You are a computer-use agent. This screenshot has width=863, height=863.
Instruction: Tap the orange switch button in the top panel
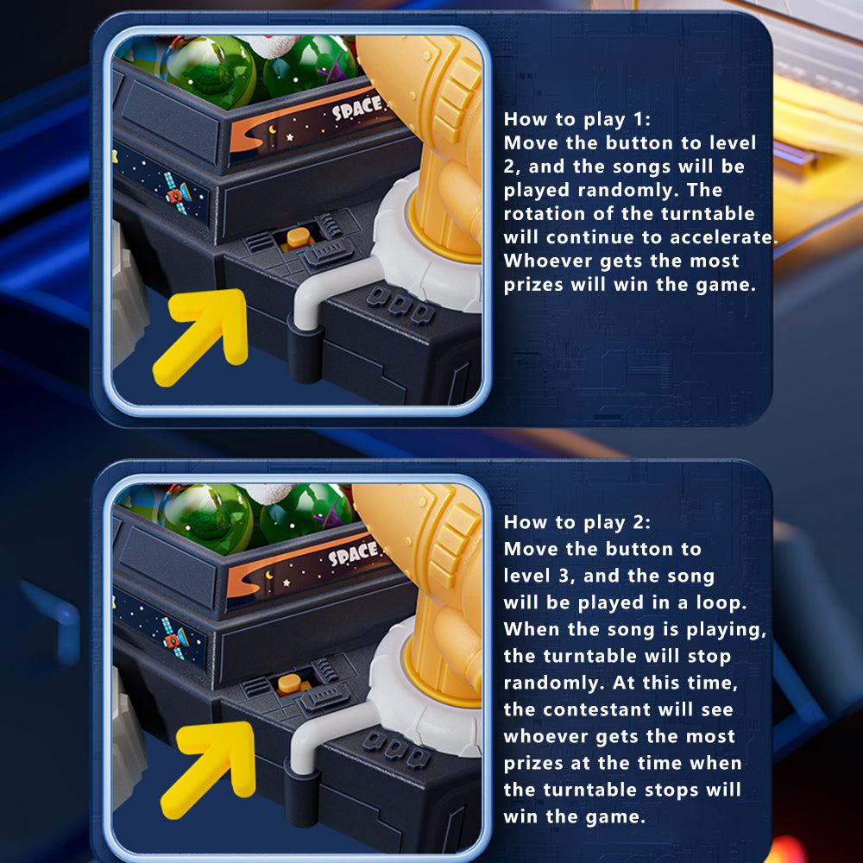[299, 238]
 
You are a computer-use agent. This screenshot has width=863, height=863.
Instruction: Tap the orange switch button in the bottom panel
[289, 684]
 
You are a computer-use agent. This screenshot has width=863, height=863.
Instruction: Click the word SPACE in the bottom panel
[354, 553]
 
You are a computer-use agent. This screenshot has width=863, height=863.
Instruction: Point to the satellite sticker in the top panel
[177, 193]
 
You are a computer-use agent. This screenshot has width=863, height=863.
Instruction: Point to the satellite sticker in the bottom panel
[174, 639]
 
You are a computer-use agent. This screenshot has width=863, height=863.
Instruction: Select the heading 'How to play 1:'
[576, 119]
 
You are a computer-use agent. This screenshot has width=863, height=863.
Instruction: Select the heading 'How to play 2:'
[576, 522]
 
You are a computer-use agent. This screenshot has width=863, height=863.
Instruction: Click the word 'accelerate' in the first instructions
[715, 237]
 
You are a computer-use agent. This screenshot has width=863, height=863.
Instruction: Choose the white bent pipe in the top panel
[331, 292]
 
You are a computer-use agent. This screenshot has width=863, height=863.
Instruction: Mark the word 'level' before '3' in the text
[526, 576]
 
